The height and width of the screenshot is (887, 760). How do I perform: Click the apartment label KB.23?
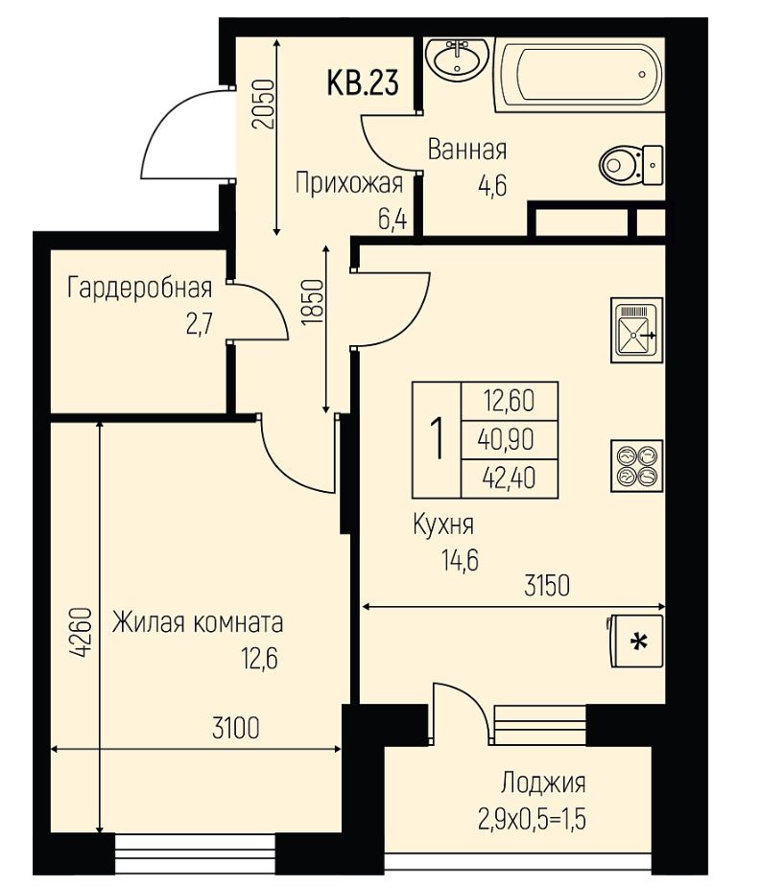click(x=363, y=82)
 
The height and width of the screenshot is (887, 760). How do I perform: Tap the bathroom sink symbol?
click(x=457, y=58)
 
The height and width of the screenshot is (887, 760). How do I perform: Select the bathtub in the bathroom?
click(x=580, y=75)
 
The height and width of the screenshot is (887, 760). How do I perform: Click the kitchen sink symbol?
click(x=636, y=330)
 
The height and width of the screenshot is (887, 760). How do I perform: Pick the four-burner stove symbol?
click(x=636, y=465)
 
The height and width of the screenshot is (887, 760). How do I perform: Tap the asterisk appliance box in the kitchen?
click(x=636, y=642)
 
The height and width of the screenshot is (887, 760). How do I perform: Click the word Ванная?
click(x=467, y=151)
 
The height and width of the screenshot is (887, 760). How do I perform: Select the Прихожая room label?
click(x=349, y=184)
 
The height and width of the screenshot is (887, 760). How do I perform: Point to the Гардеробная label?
click(x=139, y=288)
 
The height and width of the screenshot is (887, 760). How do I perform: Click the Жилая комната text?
click(x=198, y=623)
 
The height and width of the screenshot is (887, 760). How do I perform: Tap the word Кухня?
click(x=443, y=525)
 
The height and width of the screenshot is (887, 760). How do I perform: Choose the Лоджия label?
click(x=543, y=783)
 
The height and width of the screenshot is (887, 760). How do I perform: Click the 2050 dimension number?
click(x=264, y=105)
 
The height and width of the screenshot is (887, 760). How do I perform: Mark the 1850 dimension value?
click(x=313, y=302)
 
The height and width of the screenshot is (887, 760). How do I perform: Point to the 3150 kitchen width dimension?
click(x=547, y=586)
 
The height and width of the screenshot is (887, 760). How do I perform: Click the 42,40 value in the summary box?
click(x=510, y=479)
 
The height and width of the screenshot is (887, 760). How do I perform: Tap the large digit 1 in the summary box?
click(x=437, y=439)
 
